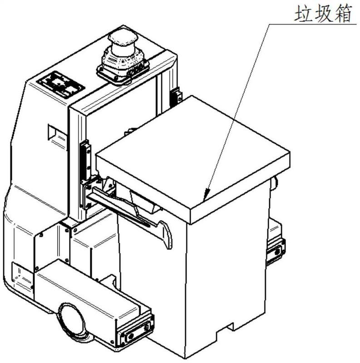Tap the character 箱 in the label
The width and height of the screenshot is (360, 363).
click(343, 14)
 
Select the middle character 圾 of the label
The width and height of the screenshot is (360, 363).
click(323, 14)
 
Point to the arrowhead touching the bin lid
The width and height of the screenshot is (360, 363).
click(207, 194)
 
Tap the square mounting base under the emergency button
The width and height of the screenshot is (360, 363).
click(123, 69)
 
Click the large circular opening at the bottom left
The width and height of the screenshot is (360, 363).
click(72, 319)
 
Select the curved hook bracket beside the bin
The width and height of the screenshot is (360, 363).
click(166, 234)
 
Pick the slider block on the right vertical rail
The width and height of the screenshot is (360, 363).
click(176, 97)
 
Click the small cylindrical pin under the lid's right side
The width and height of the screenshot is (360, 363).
click(275, 183)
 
